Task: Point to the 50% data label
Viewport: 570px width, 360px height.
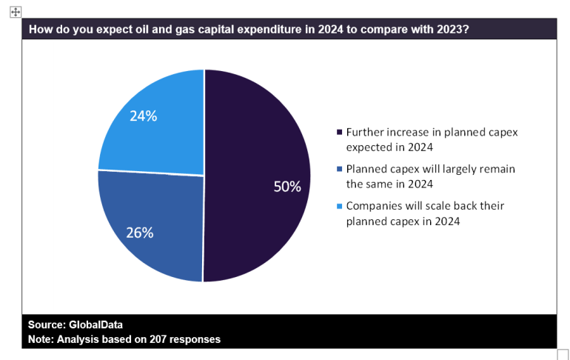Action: (287, 187)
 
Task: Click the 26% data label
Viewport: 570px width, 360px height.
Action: (139, 233)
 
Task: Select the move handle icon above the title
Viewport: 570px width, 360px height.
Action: (16, 12)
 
